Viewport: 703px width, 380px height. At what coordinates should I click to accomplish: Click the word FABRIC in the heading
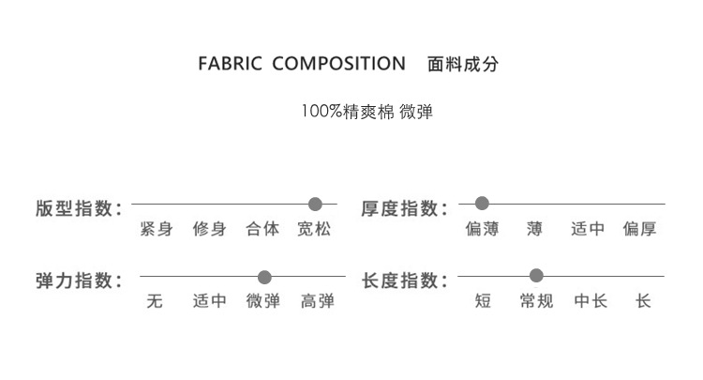click(231, 65)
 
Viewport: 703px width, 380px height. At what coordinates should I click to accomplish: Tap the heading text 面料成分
click(462, 65)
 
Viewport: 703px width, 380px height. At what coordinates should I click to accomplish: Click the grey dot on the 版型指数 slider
click(315, 204)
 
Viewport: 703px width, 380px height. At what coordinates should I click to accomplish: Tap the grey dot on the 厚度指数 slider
click(482, 203)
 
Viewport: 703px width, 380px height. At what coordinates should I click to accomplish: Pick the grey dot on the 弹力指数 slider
click(264, 277)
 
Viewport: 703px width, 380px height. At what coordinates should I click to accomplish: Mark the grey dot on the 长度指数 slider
click(536, 276)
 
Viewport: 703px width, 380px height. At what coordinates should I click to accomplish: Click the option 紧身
click(156, 229)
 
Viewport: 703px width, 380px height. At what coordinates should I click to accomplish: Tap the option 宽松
click(315, 229)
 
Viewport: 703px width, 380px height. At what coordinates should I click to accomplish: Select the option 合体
click(262, 229)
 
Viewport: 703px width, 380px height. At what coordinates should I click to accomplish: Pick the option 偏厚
click(640, 229)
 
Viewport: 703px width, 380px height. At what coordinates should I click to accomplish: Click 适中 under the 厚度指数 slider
click(588, 229)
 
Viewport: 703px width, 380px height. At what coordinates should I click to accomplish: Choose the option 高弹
click(317, 302)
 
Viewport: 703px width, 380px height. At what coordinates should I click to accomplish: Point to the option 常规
click(536, 302)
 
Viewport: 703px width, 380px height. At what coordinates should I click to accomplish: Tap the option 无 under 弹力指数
click(156, 302)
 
